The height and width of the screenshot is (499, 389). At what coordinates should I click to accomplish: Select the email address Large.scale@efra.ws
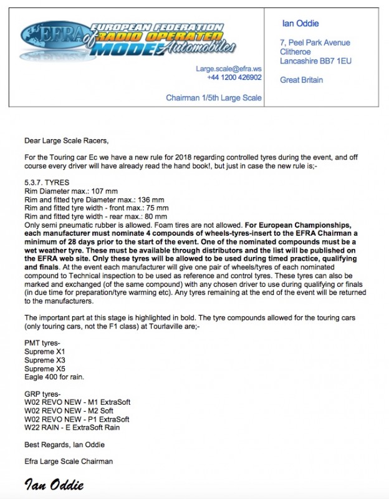(228, 69)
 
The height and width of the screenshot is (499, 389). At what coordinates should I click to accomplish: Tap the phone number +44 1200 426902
(234, 77)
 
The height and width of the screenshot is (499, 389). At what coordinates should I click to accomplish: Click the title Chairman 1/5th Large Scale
(213, 98)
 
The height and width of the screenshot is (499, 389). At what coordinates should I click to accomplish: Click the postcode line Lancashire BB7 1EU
(314, 61)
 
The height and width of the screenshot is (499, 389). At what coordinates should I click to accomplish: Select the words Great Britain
(302, 80)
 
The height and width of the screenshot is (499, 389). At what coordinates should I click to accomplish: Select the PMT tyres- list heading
(42, 343)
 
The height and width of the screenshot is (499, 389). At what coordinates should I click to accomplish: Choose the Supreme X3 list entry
(44, 361)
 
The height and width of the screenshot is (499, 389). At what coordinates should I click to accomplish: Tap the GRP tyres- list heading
(42, 394)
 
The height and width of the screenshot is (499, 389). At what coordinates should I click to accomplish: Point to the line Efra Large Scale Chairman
(68, 462)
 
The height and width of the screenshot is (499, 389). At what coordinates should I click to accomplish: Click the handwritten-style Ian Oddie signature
(54, 485)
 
